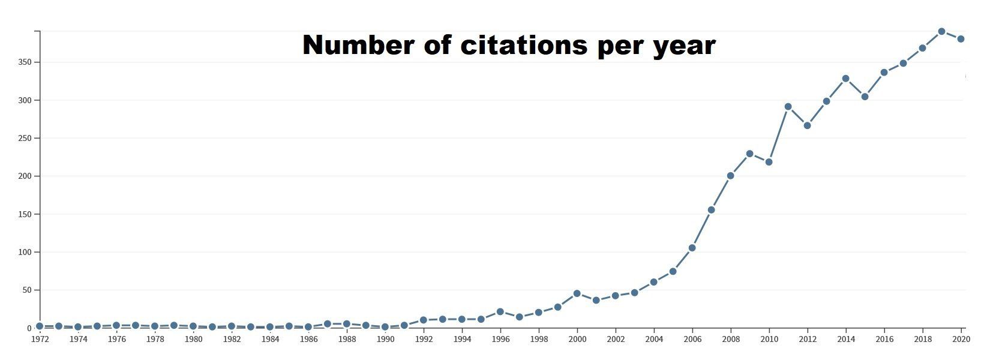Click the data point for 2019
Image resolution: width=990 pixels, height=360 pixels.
941,31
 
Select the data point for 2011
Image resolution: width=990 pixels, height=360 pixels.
788,107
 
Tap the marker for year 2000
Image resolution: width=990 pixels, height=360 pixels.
577,293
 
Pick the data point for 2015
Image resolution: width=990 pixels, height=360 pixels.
865,97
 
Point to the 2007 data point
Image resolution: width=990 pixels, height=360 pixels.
711,210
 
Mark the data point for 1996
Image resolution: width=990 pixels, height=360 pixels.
500,312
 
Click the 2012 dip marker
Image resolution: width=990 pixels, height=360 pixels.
807,125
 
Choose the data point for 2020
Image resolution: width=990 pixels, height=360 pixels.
961,39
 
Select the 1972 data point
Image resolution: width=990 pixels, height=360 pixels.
40,326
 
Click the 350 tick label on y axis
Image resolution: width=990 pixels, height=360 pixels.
24,62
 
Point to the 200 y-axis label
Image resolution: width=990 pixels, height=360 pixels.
24,176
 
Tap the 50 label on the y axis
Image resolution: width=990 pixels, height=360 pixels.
26,290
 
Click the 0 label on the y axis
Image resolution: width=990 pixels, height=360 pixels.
28,328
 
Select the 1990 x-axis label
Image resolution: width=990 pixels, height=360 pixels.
385,339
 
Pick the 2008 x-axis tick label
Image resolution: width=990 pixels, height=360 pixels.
731,339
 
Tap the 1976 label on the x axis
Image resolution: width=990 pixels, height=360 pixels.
116,339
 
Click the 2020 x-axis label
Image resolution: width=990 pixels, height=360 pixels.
961,339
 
